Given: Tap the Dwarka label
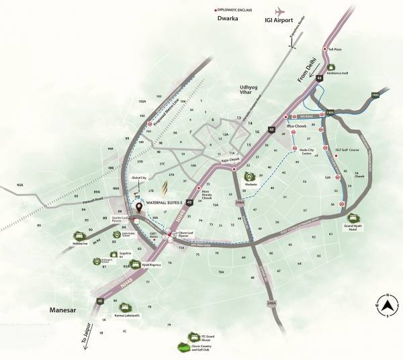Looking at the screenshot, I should (228, 18).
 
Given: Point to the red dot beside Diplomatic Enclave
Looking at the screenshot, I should (214, 9).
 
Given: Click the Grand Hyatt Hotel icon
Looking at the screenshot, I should (353, 218).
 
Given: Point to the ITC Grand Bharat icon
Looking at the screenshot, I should (193, 337).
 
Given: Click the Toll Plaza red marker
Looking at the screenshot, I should (324, 49).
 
